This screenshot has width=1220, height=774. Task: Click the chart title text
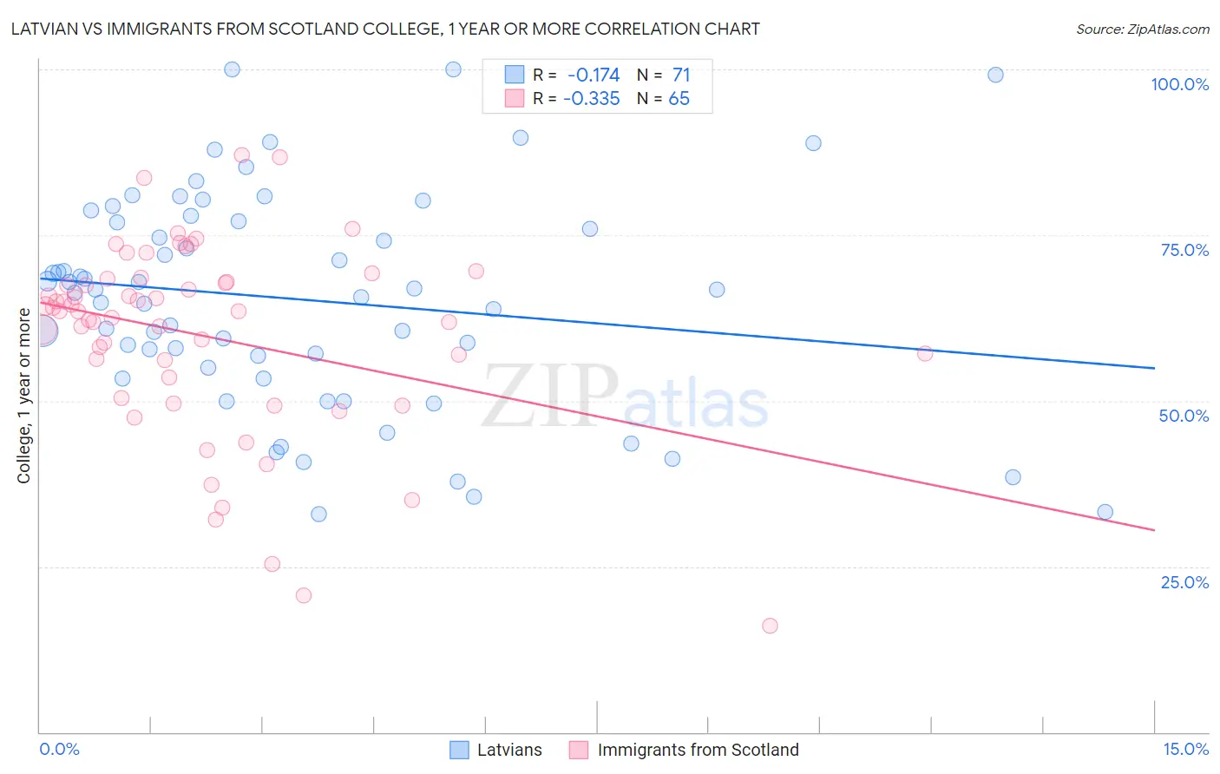click(x=385, y=30)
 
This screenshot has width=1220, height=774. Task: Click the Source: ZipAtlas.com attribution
click(x=1142, y=30)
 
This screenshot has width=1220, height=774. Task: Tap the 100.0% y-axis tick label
click(x=1179, y=84)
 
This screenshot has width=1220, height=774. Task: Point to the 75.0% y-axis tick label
click(x=1184, y=250)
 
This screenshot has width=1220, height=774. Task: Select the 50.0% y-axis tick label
click(x=1184, y=416)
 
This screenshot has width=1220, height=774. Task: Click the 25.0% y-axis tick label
click(x=1184, y=582)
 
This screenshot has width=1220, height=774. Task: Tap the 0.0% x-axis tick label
click(x=59, y=749)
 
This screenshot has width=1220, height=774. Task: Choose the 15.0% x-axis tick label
click(x=1185, y=749)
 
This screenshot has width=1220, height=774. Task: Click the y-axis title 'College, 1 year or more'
click(x=24, y=396)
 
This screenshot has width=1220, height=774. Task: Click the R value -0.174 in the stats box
click(x=594, y=75)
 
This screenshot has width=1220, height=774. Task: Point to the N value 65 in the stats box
click(x=679, y=99)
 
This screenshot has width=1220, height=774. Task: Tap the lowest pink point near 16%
click(x=770, y=626)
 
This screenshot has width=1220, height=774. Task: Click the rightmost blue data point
click(x=1105, y=512)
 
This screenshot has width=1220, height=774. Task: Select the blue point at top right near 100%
click(x=995, y=75)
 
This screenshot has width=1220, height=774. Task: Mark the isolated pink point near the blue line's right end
click(x=925, y=353)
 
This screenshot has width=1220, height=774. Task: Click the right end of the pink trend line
click(x=1154, y=529)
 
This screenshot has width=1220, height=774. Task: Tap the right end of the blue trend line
click(x=1154, y=368)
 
